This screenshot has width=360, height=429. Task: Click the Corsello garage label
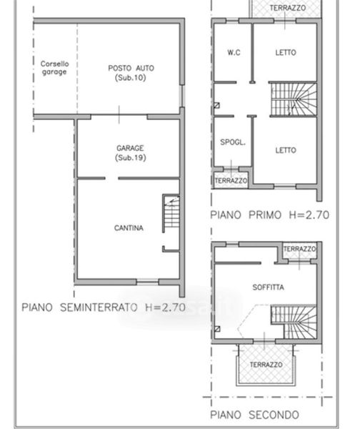(x=54, y=68)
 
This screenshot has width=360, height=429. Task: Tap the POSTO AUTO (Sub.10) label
(x=131, y=73)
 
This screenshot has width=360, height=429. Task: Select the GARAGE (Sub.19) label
(x=131, y=153)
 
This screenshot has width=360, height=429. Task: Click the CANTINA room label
(x=129, y=228)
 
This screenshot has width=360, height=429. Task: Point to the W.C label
(x=234, y=52)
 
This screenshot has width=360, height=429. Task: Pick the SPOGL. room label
(x=233, y=142)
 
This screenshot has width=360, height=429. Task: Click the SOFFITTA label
(x=268, y=287)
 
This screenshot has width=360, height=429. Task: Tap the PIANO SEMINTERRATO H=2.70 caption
(x=104, y=307)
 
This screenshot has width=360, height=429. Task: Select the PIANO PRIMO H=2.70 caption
(x=269, y=214)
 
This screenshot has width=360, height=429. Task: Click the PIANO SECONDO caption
(x=254, y=415)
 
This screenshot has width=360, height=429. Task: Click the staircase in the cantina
(x=171, y=213)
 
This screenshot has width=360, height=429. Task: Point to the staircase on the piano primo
(x=294, y=99)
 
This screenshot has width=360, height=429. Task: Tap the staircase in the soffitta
(x=294, y=322)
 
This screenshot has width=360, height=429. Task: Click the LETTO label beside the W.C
(x=286, y=52)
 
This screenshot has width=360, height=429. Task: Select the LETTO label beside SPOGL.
(x=286, y=150)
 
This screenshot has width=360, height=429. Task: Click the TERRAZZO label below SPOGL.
(x=231, y=181)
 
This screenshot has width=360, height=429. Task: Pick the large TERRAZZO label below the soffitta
(x=266, y=365)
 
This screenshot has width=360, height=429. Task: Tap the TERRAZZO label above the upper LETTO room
(x=288, y=8)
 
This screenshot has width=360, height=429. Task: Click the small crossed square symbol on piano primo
(x=216, y=105)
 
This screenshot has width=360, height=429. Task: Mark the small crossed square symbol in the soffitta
(x=217, y=329)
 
